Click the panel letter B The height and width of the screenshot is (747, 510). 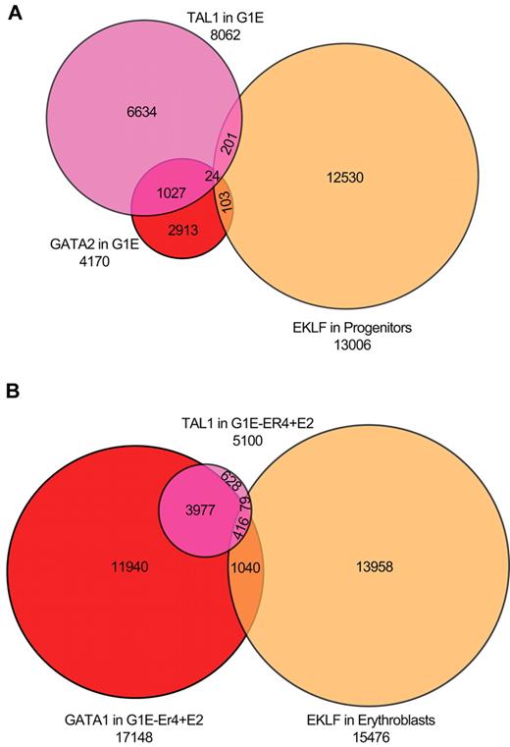pos(13,391)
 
